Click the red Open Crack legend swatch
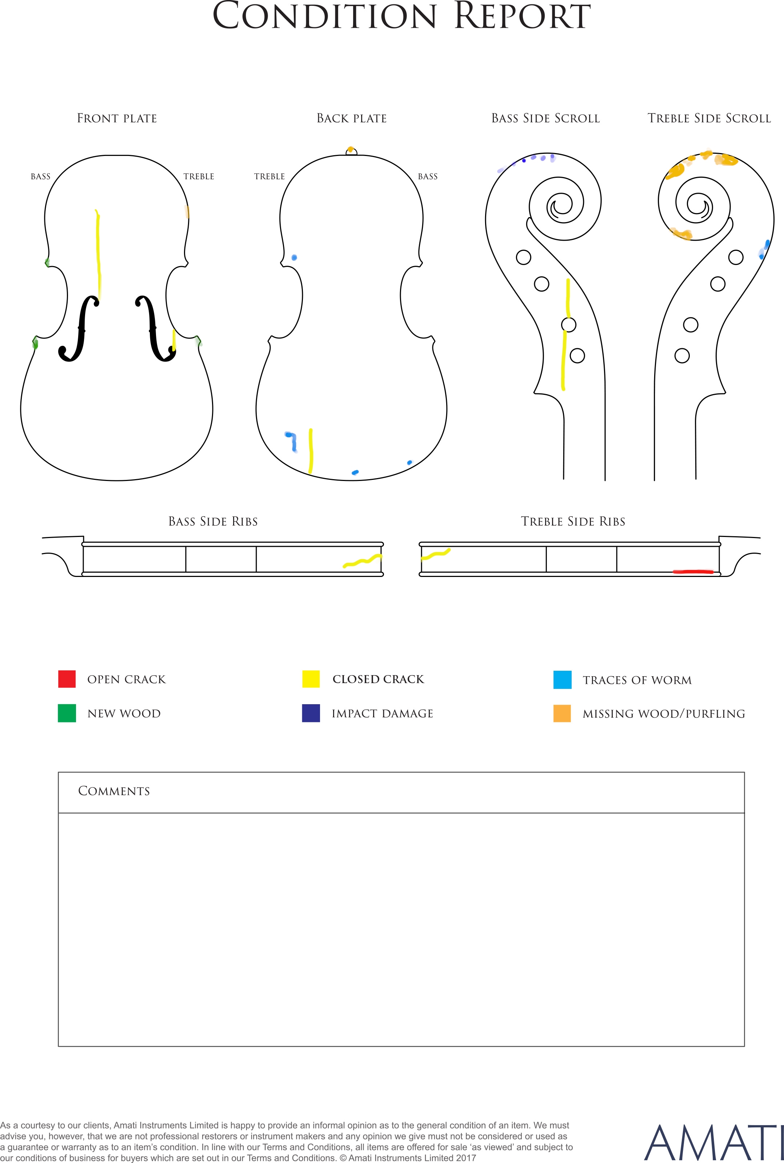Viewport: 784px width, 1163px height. click(x=67, y=679)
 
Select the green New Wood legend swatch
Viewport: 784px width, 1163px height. click(x=67, y=713)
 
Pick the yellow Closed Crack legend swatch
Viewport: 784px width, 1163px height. click(x=311, y=679)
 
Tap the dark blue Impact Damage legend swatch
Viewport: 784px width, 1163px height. click(x=311, y=713)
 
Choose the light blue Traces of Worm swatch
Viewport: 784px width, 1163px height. click(x=563, y=680)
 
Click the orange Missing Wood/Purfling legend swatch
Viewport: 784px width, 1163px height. click(x=562, y=713)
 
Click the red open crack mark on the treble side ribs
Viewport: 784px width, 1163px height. click(x=693, y=571)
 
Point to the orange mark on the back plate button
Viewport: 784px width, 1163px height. click(x=351, y=149)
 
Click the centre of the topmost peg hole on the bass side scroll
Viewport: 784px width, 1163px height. click(x=524, y=257)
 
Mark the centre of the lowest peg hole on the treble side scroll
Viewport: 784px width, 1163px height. click(x=682, y=356)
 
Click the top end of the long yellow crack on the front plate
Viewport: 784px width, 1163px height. click(x=96, y=210)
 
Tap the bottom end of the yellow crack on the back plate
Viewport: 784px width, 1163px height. click(x=311, y=472)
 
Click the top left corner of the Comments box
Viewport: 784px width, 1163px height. click(x=59, y=772)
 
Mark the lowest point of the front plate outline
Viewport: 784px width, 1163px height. click(x=117, y=480)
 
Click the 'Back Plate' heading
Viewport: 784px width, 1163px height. click(x=352, y=119)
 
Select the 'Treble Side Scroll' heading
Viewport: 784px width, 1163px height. click(x=709, y=119)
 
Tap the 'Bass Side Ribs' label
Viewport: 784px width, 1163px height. click(x=213, y=522)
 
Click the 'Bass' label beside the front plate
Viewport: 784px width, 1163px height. click(x=40, y=176)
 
